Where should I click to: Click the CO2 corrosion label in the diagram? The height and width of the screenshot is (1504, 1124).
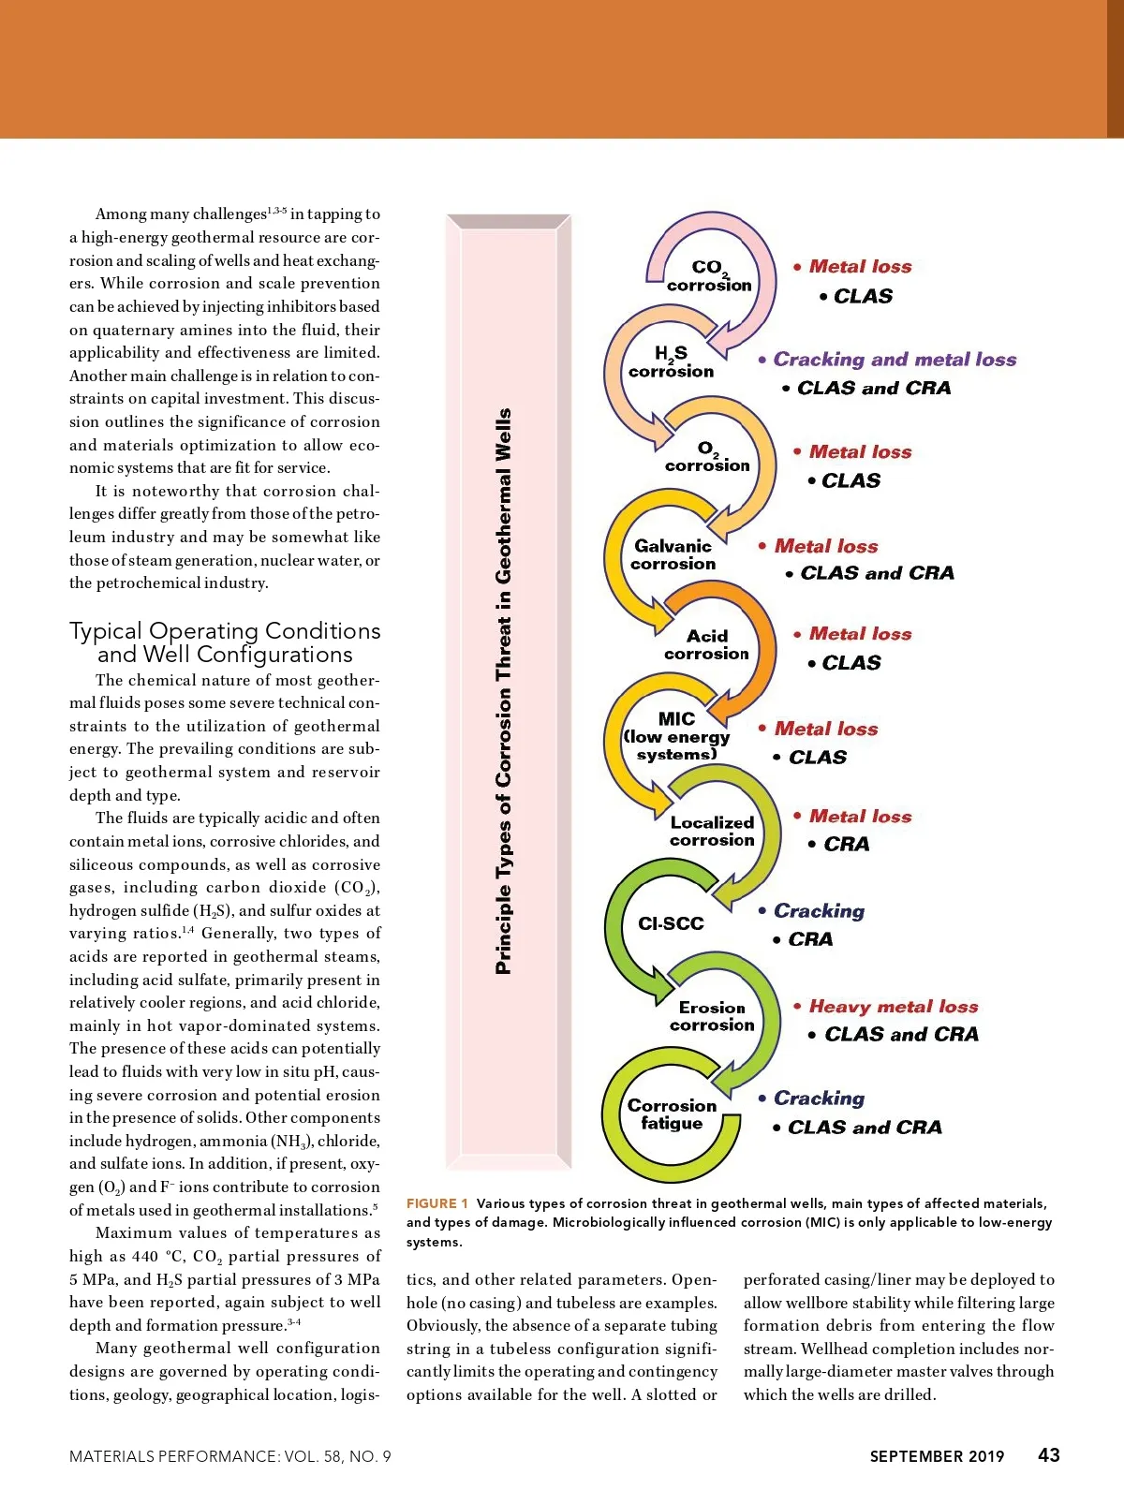click(x=708, y=276)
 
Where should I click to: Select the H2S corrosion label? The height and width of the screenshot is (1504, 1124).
click(x=671, y=362)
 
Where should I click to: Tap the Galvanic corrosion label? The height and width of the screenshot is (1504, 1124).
click(x=673, y=554)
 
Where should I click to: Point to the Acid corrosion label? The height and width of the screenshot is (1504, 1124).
click(x=706, y=644)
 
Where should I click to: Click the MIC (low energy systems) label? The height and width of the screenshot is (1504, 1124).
click(x=676, y=736)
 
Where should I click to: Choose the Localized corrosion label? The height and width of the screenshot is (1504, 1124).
click(x=712, y=831)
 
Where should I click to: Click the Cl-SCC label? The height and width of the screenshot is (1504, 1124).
click(x=671, y=923)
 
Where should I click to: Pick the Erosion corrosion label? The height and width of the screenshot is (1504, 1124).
click(x=712, y=1016)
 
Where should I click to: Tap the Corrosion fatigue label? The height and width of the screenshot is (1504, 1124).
click(x=672, y=1113)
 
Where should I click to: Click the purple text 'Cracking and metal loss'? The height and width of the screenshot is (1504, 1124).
click(x=895, y=360)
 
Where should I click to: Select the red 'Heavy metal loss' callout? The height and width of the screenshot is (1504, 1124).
click(x=893, y=1007)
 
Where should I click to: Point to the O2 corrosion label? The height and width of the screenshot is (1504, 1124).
click(x=707, y=457)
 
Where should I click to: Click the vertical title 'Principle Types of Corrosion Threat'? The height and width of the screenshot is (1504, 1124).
click(x=503, y=691)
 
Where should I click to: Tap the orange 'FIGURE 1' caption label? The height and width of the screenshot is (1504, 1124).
click(x=436, y=1203)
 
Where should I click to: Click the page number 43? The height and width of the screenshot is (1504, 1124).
click(x=1049, y=1454)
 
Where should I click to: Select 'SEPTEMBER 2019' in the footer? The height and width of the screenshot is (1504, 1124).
click(x=937, y=1456)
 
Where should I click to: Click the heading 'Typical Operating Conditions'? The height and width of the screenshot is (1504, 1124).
click(x=225, y=631)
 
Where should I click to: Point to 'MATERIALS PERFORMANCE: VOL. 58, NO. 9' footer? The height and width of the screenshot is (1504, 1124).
click(x=230, y=1456)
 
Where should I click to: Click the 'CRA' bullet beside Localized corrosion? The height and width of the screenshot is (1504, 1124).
click(x=846, y=844)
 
